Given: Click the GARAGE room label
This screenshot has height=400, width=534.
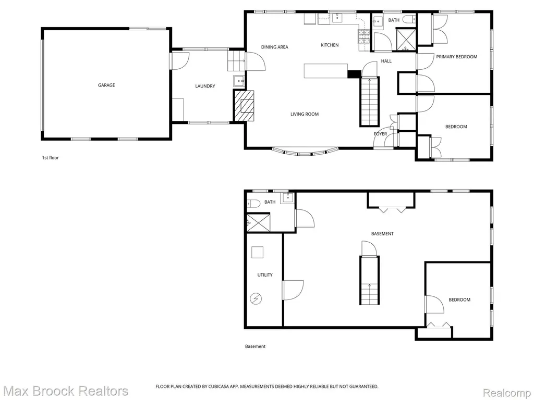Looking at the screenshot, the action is point(106,85).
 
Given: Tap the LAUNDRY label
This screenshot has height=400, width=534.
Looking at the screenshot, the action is point(205,86).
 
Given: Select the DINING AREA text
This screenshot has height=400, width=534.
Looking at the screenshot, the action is point(274,47).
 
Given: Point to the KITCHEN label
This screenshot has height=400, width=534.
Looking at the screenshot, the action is point(330,45).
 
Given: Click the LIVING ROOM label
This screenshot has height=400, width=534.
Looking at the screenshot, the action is point(305,114).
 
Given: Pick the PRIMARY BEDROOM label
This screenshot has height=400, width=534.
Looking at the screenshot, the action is point(457,57).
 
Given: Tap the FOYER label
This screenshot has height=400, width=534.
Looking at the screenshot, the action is point(380,134).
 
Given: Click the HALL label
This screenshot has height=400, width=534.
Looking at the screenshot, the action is point(386,61).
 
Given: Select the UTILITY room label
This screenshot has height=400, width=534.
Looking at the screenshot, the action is point(264,275).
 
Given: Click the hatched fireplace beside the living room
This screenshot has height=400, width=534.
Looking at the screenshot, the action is point(244,105).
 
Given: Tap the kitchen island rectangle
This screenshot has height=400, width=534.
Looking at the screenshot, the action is point(325,71).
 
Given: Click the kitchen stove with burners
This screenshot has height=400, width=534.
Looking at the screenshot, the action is point(363,37).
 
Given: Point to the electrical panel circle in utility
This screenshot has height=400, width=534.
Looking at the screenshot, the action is point(256,299).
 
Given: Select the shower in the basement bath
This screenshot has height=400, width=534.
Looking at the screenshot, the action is point(258,222).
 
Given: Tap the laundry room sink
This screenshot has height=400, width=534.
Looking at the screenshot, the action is point(239,81).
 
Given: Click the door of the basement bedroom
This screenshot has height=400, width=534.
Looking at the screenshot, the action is point(434,304).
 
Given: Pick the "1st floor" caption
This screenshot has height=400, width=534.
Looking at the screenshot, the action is point(51,158).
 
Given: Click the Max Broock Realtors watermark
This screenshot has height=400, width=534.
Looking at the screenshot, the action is point(66,391).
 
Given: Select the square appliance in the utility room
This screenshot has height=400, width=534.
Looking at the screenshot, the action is point(258,253).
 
